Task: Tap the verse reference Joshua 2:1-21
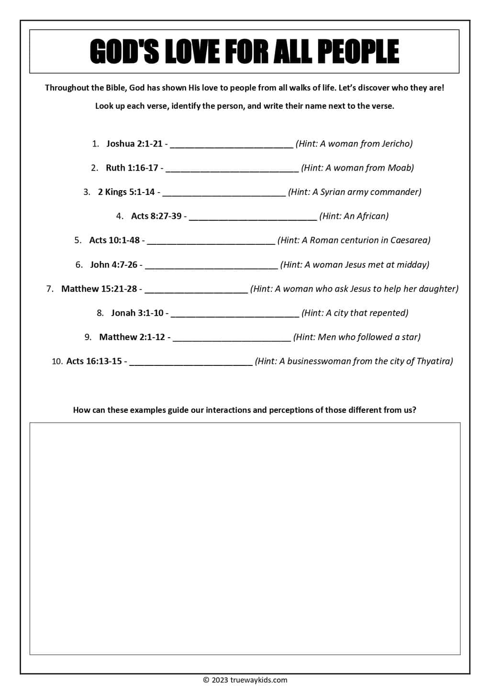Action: tap(134, 144)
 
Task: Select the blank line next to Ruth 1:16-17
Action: tap(232, 169)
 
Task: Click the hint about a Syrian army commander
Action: tap(355, 192)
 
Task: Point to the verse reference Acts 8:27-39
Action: tap(156, 216)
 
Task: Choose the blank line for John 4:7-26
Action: tap(211, 265)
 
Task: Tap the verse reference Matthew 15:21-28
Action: tap(99, 289)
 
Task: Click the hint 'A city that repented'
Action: tap(355, 313)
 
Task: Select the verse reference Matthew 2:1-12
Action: tap(132, 337)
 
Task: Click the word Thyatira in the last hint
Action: tap(434, 362)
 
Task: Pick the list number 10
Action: tap(57, 362)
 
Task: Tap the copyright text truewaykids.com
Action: tap(258, 680)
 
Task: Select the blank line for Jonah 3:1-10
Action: tap(235, 314)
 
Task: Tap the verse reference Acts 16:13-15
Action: tap(94, 361)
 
